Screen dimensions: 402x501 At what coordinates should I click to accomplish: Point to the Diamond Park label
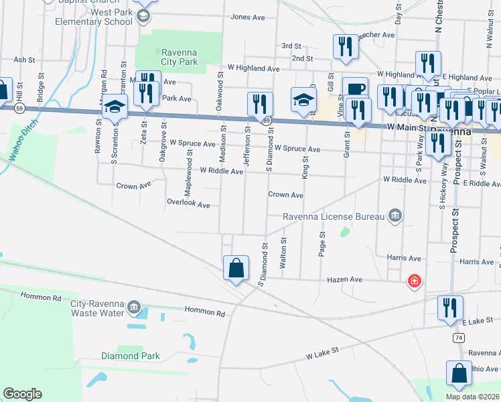[x=131, y=356]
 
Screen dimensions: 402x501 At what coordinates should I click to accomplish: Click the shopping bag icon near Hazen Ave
[x=236, y=269]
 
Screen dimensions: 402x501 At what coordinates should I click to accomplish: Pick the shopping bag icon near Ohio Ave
[x=459, y=375]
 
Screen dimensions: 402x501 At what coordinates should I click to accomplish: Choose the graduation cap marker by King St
[x=303, y=100]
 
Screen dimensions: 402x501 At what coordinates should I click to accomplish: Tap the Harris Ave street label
[x=403, y=257]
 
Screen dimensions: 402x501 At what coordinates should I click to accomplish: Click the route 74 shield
[x=458, y=339]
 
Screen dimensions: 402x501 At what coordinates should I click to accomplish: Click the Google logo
[x=22, y=394]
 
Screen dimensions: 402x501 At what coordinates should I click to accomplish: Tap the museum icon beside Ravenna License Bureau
[x=395, y=215]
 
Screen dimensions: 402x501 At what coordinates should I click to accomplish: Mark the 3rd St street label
[x=291, y=46]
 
